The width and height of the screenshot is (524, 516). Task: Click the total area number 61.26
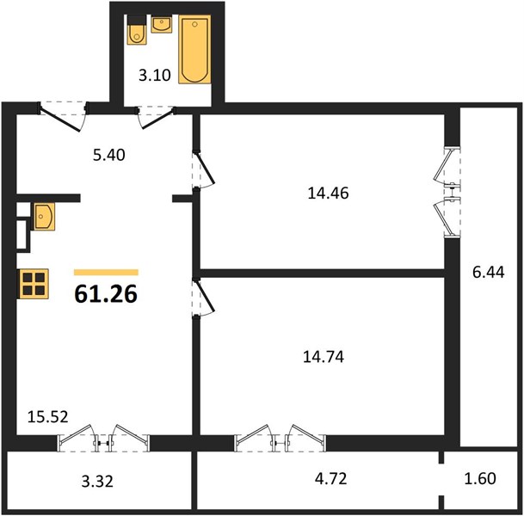point(106,294)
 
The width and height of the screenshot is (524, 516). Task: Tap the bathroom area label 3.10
point(155,75)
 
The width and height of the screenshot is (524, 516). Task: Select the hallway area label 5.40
point(109,155)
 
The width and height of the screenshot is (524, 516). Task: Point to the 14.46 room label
point(328,193)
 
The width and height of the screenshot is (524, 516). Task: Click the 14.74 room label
point(324,357)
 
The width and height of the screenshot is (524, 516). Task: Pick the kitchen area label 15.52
point(48,417)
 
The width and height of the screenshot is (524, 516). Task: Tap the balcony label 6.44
point(488,273)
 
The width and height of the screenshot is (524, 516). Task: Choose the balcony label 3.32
point(97,482)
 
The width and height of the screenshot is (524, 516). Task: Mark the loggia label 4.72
point(331,479)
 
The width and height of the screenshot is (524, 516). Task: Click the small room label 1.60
point(480,479)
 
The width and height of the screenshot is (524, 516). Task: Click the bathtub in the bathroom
point(194,49)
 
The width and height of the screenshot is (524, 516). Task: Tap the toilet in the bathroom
point(137,30)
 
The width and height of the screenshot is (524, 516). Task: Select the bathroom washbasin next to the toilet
point(162,24)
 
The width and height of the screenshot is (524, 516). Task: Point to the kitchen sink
point(43,217)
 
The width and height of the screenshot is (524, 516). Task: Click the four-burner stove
point(34,284)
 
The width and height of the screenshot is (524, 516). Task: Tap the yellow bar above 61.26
point(106,273)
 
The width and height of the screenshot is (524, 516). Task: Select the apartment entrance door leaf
point(60,119)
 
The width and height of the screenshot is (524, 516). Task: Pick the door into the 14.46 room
point(205,169)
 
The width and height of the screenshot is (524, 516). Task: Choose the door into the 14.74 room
point(205,296)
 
